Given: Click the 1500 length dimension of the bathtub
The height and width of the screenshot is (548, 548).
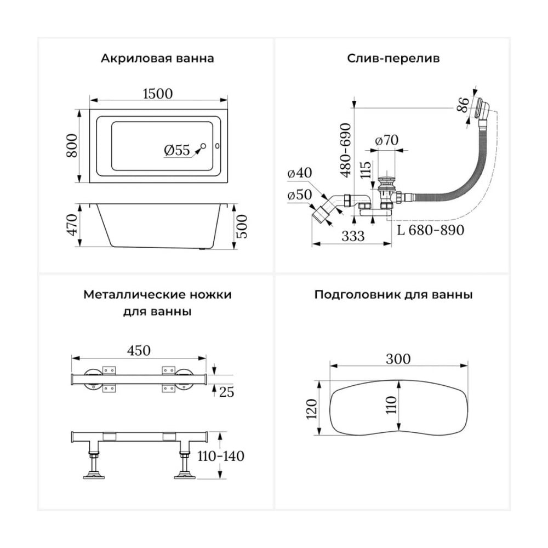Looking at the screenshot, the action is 158,94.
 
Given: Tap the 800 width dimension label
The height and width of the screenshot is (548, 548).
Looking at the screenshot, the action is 72,145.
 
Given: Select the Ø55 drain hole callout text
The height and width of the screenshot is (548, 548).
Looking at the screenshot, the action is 177,150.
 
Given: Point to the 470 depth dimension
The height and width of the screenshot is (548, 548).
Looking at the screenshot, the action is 72,225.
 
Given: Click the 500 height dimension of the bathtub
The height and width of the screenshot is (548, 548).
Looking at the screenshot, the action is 242,226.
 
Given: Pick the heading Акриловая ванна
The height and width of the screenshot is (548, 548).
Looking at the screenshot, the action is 157,58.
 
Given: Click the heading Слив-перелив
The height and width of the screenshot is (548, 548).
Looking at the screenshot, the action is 393,58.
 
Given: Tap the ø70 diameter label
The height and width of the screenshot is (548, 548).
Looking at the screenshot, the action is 386,140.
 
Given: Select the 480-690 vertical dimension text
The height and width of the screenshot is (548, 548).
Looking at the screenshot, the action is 346,150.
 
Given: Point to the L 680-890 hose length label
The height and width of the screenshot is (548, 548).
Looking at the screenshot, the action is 431,230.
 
